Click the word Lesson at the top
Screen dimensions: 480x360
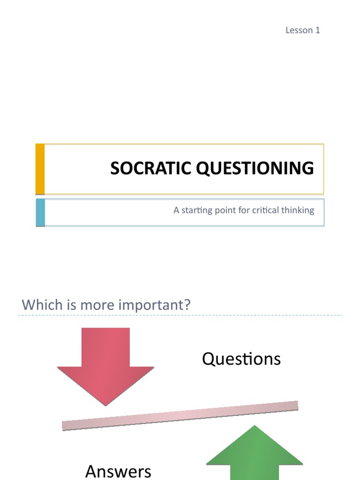point(299,30)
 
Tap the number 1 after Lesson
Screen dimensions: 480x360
point(317,30)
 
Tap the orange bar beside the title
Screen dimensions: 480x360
point(40,169)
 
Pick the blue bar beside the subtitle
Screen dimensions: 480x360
point(40,212)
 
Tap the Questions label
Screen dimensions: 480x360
point(241,359)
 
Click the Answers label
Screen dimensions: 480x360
point(118,471)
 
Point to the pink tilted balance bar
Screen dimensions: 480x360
point(180,415)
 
